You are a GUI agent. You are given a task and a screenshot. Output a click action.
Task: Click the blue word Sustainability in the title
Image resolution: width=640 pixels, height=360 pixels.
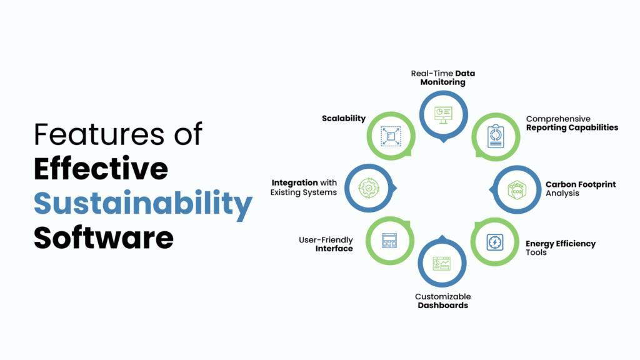tap(143, 203)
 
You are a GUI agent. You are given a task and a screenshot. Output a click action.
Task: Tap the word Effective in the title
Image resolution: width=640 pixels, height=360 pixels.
tap(101, 168)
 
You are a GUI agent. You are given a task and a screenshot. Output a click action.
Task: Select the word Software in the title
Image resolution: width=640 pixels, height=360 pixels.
tap(104, 237)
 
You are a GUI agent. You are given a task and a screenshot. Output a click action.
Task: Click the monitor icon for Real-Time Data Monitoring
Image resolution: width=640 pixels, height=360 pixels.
tap(443, 115)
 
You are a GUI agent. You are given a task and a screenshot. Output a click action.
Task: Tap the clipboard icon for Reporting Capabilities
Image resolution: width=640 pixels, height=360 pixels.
tap(496, 136)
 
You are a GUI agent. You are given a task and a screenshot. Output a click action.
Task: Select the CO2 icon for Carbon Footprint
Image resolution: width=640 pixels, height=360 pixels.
tap(517, 190)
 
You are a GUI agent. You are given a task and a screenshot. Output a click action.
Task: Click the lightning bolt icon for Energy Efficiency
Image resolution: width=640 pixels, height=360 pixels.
tap(495, 242)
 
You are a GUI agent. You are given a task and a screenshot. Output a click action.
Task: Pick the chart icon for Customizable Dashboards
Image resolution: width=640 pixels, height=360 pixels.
tap(442, 264)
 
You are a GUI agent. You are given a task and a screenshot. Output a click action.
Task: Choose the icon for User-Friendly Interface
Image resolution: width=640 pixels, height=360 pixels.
tap(389, 241)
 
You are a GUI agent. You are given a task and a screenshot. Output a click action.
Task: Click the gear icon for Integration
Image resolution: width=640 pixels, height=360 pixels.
tap(369, 188)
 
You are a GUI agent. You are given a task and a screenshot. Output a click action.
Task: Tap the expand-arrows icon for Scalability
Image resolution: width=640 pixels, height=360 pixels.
tap(391, 136)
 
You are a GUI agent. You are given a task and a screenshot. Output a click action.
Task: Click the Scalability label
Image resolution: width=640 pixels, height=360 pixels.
tap(344, 118)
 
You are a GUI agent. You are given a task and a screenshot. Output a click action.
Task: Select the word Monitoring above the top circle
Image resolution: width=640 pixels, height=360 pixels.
tap(443, 82)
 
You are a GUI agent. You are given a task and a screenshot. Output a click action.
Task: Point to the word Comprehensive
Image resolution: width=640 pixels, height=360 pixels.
tap(558, 119)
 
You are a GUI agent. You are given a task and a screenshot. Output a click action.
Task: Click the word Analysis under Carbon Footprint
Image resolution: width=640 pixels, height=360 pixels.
tap(562, 193)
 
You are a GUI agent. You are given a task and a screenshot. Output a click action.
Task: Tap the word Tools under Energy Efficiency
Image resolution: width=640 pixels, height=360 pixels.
tap(536, 252)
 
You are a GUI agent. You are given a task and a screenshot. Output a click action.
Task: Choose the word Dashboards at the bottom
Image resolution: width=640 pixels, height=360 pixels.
tap(443, 305)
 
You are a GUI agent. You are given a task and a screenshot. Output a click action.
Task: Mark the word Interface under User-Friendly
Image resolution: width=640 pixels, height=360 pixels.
tap(334, 249)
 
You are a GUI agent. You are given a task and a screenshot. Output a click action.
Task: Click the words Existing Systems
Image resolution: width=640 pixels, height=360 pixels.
tap(304, 192)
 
